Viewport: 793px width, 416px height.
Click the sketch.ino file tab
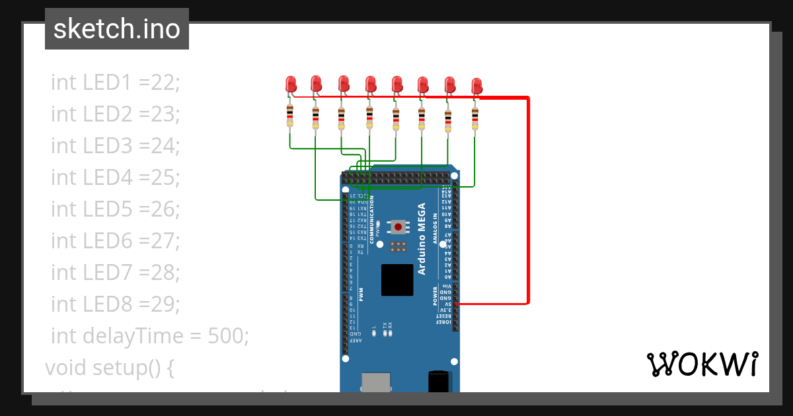pos(117,29)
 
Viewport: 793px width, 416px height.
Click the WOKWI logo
pos(701,364)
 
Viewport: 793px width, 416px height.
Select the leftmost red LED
pos(291,84)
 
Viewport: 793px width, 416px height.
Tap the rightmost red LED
pos(476,86)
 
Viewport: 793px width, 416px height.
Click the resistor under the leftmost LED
pos(289,116)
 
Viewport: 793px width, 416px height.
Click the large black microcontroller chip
pos(397,279)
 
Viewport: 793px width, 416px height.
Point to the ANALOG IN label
pos(435,229)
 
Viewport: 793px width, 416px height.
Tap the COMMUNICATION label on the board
pos(371,220)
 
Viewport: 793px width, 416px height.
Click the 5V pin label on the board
pos(447,304)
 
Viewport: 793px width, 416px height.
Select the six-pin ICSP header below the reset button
pos(398,246)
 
